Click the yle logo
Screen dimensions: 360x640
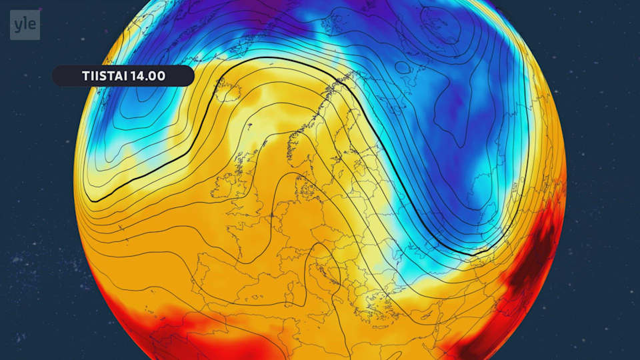(25, 25)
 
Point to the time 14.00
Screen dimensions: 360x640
(149, 76)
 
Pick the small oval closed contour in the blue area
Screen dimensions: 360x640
(403, 67)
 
